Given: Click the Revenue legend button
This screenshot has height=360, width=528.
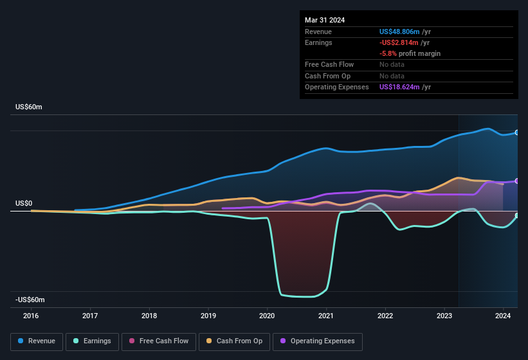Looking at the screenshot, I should (x=37, y=341).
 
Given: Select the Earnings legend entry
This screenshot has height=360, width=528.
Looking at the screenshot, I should (x=92, y=341).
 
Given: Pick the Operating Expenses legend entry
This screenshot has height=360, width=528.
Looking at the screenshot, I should (x=317, y=341).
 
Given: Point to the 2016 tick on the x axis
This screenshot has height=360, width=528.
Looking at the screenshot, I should (x=31, y=316).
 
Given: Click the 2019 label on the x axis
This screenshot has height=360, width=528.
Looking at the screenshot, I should (x=208, y=316).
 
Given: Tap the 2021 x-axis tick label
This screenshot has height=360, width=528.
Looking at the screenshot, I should (x=326, y=316).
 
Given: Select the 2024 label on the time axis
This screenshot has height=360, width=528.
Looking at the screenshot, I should (x=503, y=316).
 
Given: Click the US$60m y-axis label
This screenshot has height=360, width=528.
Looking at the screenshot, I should (x=29, y=107).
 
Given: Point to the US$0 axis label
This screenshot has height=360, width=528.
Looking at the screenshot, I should (x=24, y=203).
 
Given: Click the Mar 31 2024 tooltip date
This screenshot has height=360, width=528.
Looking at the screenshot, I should (x=325, y=20).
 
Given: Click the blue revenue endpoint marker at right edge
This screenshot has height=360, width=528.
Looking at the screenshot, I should (x=517, y=132).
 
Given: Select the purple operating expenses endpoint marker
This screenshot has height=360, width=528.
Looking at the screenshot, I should (x=517, y=181).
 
